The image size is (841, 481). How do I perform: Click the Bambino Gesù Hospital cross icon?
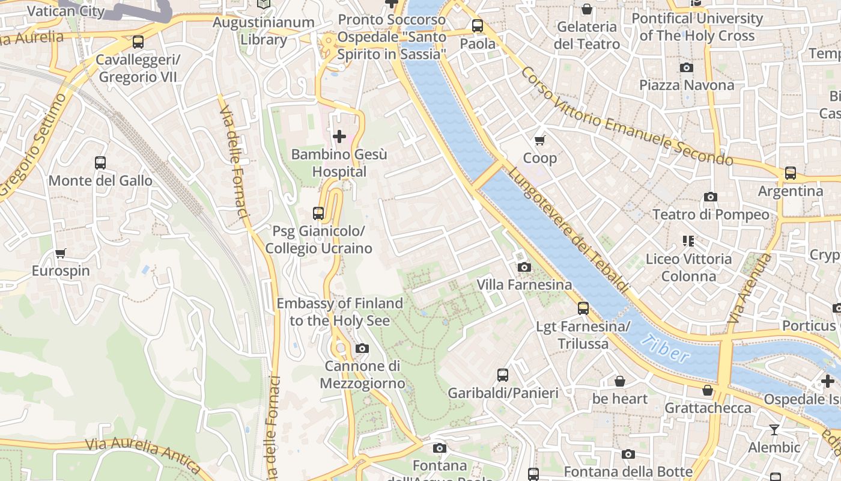pos(339,136)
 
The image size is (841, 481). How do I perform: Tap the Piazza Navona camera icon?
pos(686,67)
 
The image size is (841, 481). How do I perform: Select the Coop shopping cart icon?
pos(539,140)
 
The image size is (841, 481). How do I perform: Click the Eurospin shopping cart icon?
pos(60,253)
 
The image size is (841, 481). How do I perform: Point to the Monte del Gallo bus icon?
pos(100,163)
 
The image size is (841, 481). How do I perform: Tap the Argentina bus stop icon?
pos(790,173)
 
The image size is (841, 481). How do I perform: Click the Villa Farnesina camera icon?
pos(524,267)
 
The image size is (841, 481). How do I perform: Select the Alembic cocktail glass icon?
pos(774,429)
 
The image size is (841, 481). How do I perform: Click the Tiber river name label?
pos(665,349)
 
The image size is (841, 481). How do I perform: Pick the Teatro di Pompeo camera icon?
pos(710,197)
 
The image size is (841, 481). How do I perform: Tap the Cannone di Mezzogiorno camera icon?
pos(362,348)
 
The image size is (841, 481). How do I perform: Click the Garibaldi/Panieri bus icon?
pos(503,375)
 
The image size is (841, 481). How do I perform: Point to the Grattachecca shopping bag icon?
pos(708,390)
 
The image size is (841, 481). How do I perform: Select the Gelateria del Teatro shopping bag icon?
pos(586,9)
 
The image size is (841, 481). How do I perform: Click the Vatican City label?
pos(66,11)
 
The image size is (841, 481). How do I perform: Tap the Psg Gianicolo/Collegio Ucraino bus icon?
pos(318,213)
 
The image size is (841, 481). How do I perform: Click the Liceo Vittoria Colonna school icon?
pos(688,241)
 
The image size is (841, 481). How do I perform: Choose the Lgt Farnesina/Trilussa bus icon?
pos(583,308)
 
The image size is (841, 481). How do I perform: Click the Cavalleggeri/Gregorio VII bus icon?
pos(138,42)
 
